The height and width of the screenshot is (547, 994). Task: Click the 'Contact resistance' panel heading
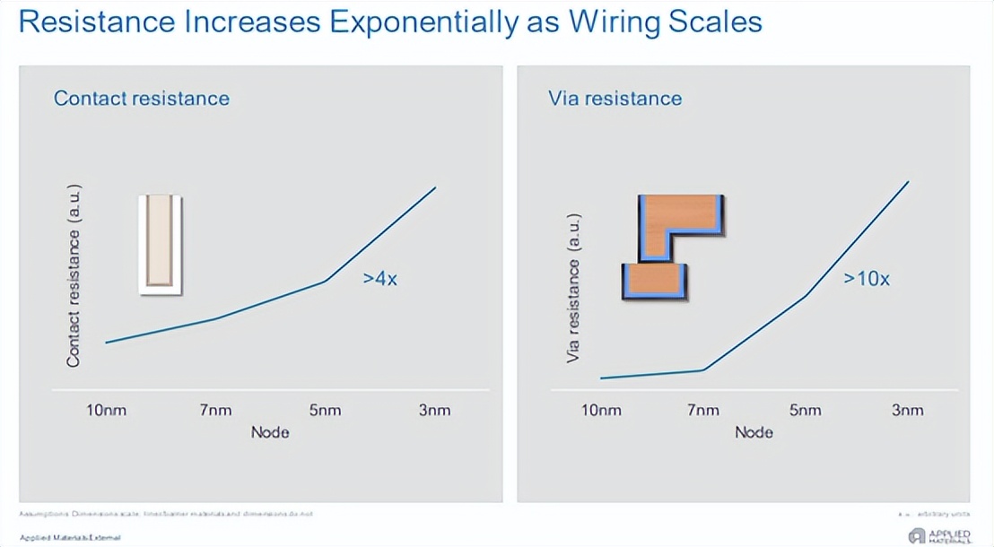(142, 99)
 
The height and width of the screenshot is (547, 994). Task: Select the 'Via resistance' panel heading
(615, 99)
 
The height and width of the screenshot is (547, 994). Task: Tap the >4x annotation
(380, 279)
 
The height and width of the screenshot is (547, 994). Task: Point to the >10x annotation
(866, 279)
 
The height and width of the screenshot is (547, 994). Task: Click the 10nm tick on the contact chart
(107, 411)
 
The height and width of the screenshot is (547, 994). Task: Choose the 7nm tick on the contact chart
(215, 411)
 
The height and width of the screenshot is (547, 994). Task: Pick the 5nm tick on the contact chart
(325, 411)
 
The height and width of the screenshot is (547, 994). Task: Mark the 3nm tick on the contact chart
(434, 411)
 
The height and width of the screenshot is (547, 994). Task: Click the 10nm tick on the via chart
(601, 411)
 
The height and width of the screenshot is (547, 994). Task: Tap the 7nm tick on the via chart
(703, 411)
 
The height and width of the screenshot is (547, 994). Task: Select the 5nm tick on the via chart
(806, 411)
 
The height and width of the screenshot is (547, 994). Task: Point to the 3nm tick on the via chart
(908, 411)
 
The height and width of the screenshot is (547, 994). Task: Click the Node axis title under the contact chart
(270, 432)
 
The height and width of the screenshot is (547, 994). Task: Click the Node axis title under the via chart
(754, 432)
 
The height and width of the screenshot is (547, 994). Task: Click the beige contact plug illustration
(161, 244)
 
